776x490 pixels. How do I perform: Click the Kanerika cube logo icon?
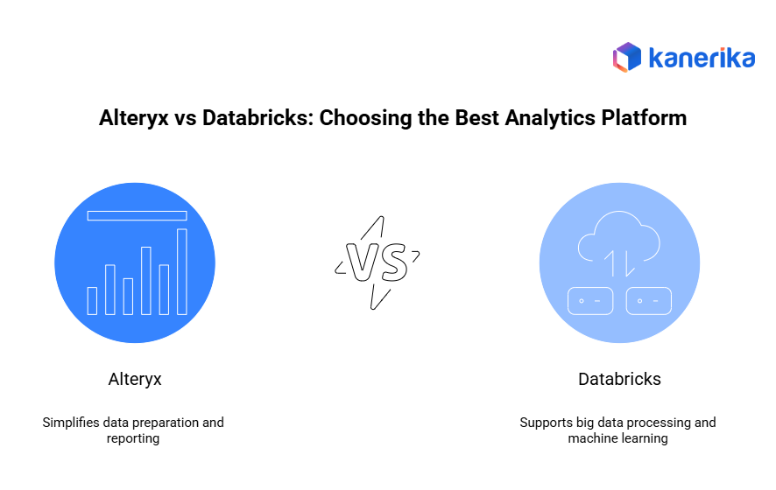[627, 57]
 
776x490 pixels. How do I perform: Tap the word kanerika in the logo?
[702, 58]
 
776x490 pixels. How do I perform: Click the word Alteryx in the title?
[134, 118]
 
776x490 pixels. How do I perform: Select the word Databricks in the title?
[257, 117]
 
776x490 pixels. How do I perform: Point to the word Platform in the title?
[644, 117]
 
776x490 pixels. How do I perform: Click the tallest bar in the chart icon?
[182, 271]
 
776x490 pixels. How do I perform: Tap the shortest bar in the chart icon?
[92, 301]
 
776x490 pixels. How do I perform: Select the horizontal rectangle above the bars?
[138, 215]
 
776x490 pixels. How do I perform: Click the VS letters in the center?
[377, 262]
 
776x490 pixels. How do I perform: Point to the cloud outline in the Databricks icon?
[618, 235]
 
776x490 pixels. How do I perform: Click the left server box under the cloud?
[590, 301]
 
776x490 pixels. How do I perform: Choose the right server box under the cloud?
[649, 301]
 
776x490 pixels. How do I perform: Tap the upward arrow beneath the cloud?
[611, 263]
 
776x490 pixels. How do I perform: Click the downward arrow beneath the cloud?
[629, 263]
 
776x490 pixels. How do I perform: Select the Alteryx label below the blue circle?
[135, 379]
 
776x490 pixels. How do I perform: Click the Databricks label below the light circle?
[619, 379]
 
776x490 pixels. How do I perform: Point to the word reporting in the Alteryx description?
[133, 438]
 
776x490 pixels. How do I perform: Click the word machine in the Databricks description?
[591, 438]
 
